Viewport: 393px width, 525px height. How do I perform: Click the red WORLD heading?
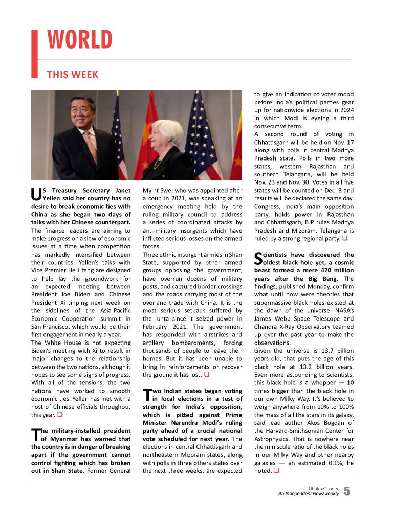[79, 40]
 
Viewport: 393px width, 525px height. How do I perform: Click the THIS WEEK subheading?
[73, 75]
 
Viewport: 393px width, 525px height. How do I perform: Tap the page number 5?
[347, 492]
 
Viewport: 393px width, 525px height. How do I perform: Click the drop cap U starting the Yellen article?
[35, 194]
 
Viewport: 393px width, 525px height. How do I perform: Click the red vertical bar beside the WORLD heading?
[35, 54]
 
